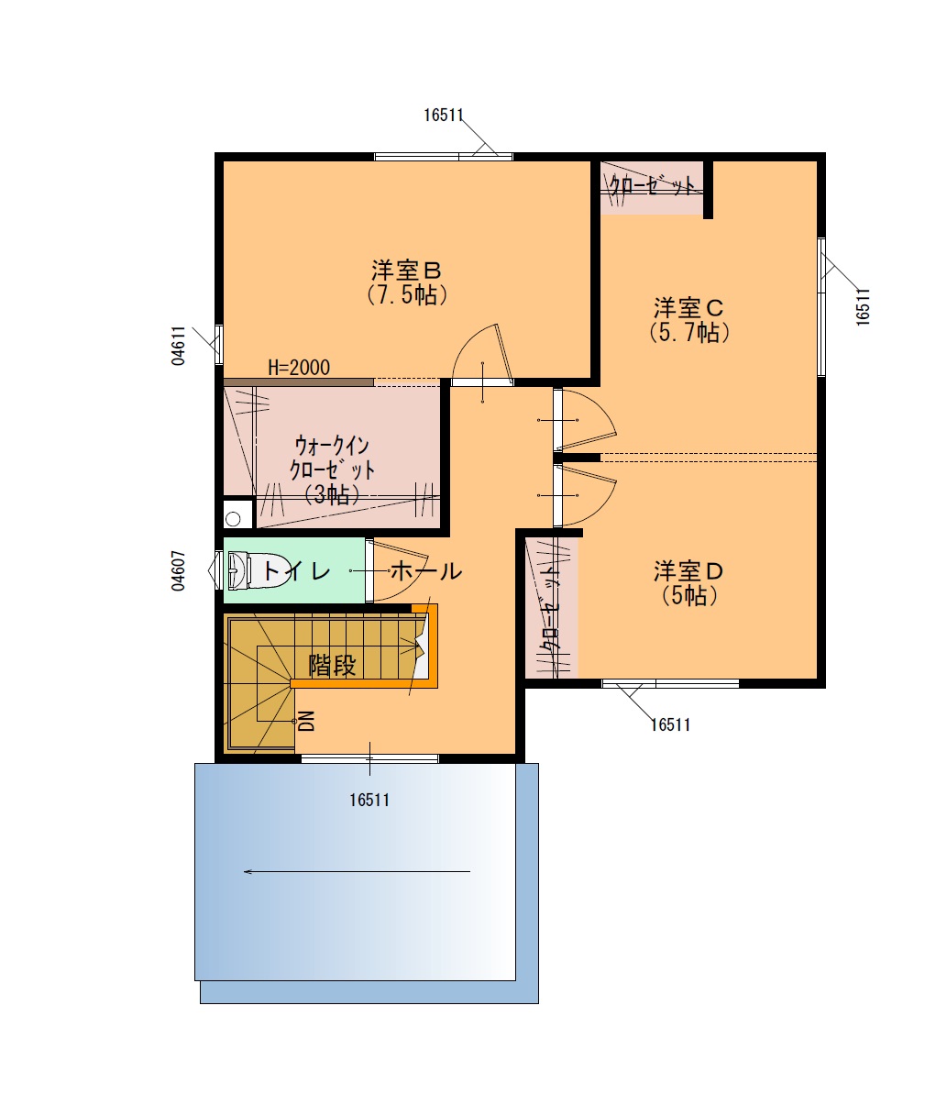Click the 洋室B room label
click(407, 271)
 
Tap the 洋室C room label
click(688, 308)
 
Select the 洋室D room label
click(688, 572)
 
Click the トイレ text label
click(296, 571)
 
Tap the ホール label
click(426, 571)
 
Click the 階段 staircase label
click(333, 665)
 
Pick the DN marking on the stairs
click(307, 722)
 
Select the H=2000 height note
click(299, 368)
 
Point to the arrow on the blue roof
click(358, 871)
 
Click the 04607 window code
click(179, 570)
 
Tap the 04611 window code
click(179, 346)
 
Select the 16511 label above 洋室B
click(444, 116)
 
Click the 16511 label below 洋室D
click(670, 725)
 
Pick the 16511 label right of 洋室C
click(863, 307)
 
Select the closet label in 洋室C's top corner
click(652, 185)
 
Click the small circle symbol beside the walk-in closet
click(234, 518)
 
